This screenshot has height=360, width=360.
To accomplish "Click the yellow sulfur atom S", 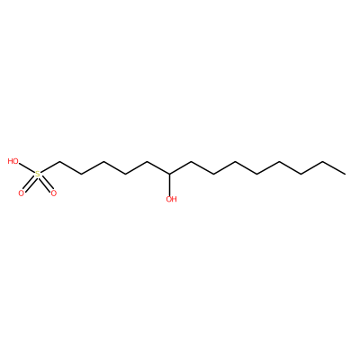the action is point(37,174).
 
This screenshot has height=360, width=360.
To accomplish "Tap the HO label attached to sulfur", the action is point(13,161).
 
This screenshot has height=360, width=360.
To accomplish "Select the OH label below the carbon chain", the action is point(171,199).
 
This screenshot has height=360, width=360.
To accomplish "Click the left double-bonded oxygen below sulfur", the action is point(21,193).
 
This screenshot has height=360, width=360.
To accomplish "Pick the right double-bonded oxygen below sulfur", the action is point(53,193).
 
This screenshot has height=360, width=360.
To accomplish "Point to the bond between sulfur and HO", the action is point(27,168).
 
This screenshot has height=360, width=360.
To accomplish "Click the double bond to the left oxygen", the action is point(29,184).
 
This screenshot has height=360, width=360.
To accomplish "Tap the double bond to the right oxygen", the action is point(45,184).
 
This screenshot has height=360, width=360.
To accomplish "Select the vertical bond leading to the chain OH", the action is point(169,184).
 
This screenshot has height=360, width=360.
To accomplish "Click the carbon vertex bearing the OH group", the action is point(169,174).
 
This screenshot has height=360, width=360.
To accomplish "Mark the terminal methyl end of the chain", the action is point(345,174).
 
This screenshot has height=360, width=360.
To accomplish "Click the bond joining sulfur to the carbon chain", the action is point(49,168).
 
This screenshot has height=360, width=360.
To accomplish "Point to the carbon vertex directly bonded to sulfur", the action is point(59,162).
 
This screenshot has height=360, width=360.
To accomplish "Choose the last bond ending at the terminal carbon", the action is point(334,168).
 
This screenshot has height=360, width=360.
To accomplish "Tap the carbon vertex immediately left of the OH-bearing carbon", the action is point(148,162).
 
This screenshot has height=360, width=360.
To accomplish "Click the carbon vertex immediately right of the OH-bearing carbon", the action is point(191,162).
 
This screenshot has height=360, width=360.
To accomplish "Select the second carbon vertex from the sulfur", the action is point(81,174).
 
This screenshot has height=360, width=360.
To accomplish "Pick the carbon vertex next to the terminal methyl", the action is point(323,162).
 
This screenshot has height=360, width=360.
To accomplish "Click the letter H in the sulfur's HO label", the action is point(11,161).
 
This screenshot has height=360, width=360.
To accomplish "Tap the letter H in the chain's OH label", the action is point(175,199).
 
